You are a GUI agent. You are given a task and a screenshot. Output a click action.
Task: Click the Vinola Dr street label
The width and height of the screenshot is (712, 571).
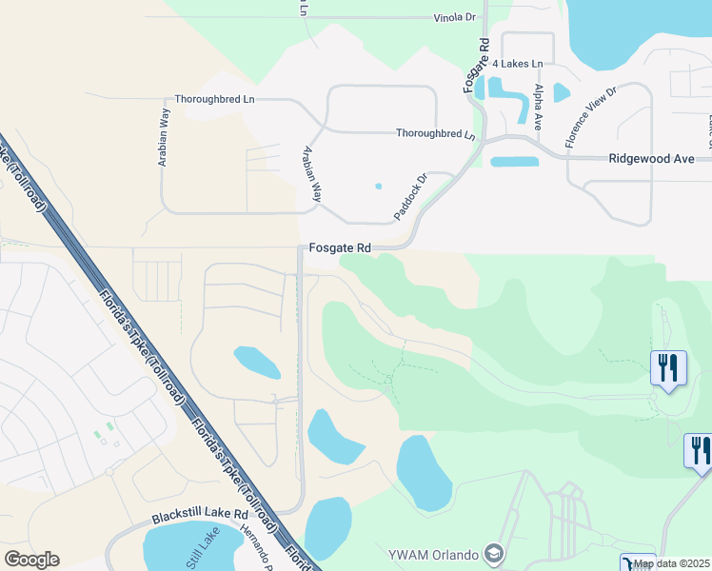454,17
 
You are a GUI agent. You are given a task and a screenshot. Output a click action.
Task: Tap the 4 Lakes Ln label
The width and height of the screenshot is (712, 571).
517,63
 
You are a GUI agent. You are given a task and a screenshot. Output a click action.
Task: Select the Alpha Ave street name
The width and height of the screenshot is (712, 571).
539,107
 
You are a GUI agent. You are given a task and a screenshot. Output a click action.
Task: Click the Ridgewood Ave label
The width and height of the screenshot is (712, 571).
652,159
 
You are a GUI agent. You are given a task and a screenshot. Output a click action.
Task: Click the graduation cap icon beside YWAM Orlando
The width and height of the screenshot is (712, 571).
493,553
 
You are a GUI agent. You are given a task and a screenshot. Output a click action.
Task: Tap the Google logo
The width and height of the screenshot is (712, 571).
31,560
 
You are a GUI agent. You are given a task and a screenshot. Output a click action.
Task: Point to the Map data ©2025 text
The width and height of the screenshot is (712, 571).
671,563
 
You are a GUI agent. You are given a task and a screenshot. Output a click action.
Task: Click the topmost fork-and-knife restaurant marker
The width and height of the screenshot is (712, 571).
668,366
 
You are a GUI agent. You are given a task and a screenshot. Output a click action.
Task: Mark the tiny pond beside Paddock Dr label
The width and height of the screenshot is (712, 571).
378,186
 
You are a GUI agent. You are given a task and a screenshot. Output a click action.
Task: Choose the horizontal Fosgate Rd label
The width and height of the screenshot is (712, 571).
339,247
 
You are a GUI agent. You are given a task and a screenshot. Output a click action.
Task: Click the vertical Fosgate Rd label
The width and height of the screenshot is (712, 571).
476,64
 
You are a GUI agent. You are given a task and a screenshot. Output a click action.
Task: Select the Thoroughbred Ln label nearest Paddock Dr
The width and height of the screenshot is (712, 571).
435,133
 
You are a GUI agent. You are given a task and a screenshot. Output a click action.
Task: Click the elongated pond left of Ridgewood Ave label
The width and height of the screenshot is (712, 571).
515,161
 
